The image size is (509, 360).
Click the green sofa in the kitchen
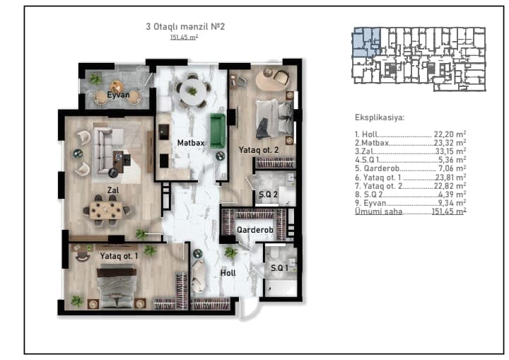coord(218,131)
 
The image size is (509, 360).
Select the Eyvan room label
coord(118,95)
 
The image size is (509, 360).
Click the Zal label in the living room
coord(113,190)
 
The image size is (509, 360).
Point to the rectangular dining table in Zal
coord(107,210)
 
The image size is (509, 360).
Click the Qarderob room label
coord(255,230)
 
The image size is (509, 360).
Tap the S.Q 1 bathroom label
coord(279,268)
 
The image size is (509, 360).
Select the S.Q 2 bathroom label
coord(268,194)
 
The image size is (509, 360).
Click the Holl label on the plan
coord(228,273)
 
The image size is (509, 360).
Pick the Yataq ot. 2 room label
coord(259,150)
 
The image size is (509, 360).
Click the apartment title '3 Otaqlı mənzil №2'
coord(185,27)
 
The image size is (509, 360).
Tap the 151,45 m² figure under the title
coord(184,37)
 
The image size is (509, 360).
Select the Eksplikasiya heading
coord(380,117)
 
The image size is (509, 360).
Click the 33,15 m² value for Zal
coord(450,151)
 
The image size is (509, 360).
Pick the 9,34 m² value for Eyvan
coord(452,203)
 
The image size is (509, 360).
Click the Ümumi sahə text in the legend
coord(378,211)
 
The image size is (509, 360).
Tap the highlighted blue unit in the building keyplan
coord(366,42)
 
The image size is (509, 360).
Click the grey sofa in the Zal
coord(105,149)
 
